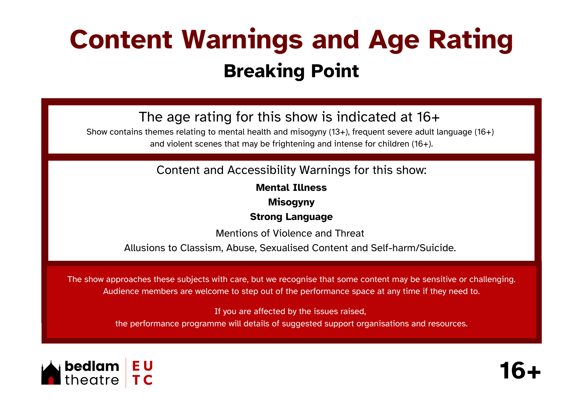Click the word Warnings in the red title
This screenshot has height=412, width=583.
pyautogui.click(x=243, y=40)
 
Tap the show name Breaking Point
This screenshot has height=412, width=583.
pyautogui.click(x=291, y=71)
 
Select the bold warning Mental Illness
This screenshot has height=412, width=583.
pyautogui.click(x=291, y=188)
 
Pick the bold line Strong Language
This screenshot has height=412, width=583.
pyautogui.click(x=291, y=217)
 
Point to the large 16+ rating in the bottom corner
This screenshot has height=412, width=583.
pyautogui.click(x=520, y=371)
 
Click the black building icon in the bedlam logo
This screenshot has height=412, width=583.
pyautogui.click(x=51, y=373)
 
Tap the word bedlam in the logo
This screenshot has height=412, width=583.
pyautogui.click(x=92, y=366)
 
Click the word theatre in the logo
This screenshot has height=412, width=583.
pyautogui.click(x=92, y=380)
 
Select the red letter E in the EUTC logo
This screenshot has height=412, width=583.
pyautogui.click(x=136, y=366)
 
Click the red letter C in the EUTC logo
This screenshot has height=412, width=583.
pyautogui.click(x=148, y=380)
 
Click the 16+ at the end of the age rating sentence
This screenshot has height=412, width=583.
pyautogui.click(x=428, y=117)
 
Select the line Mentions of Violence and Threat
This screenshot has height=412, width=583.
pyautogui.click(x=290, y=233)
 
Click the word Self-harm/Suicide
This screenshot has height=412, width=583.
pyautogui.click(x=413, y=248)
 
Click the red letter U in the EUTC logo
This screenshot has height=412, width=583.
pyautogui.click(x=148, y=366)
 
